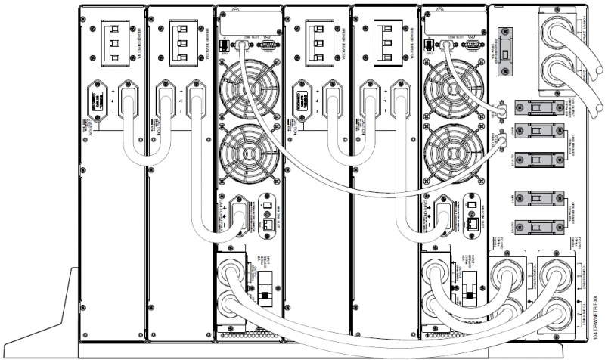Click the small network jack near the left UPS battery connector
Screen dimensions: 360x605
tap(267, 225)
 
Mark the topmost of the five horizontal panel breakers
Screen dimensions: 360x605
tap(529, 108)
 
